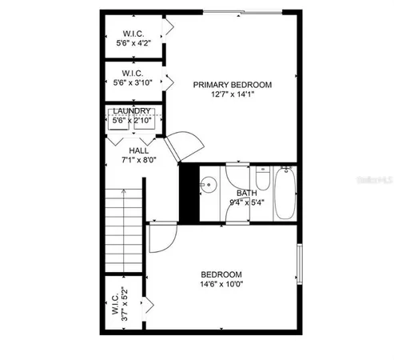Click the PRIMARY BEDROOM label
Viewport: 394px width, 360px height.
(231, 84)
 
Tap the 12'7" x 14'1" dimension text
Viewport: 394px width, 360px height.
(231, 94)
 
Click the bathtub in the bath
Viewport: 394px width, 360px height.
(285, 193)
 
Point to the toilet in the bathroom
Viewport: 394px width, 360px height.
(261, 184)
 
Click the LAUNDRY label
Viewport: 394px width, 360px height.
(132, 111)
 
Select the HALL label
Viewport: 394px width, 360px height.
(138, 150)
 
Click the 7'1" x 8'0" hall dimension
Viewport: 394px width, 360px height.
(137, 160)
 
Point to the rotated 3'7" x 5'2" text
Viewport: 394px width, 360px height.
(123, 305)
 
